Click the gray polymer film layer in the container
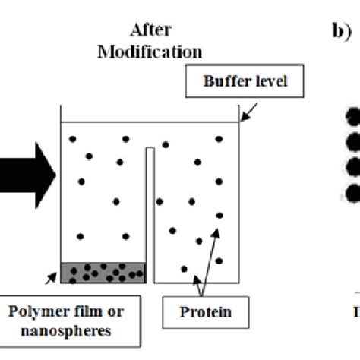click(103, 271)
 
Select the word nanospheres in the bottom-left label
click(67, 330)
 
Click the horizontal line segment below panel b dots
click(351, 291)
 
